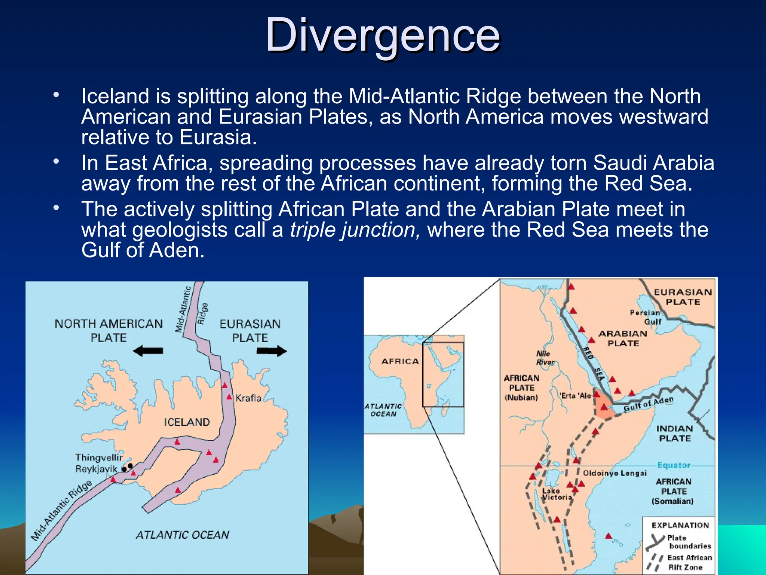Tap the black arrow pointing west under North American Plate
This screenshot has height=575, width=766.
(x=148, y=351)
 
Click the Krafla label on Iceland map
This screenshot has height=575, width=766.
(x=248, y=398)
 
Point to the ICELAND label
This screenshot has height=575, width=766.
(x=187, y=422)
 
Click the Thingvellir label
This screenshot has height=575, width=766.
(x=99, y=457)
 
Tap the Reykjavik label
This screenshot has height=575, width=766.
(x=96, y=469)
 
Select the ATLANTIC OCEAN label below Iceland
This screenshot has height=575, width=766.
(x=182, y=535)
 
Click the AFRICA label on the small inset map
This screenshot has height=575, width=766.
(x=400, y=362)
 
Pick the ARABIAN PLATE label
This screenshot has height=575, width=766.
(x=623, y=338)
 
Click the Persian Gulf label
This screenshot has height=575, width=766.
(x=646, y=317)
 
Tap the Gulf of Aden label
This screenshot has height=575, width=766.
(x=648, y=405)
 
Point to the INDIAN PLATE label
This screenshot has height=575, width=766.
(x=674, y=433)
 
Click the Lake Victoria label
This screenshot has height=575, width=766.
(x=557, y=494)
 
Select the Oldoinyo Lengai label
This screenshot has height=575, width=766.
(x=615, y=473)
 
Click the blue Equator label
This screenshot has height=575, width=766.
(x=674, y=465)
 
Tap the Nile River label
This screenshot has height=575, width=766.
(x=545, y=358)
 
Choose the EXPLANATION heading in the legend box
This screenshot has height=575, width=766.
(x=680, y=525)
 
